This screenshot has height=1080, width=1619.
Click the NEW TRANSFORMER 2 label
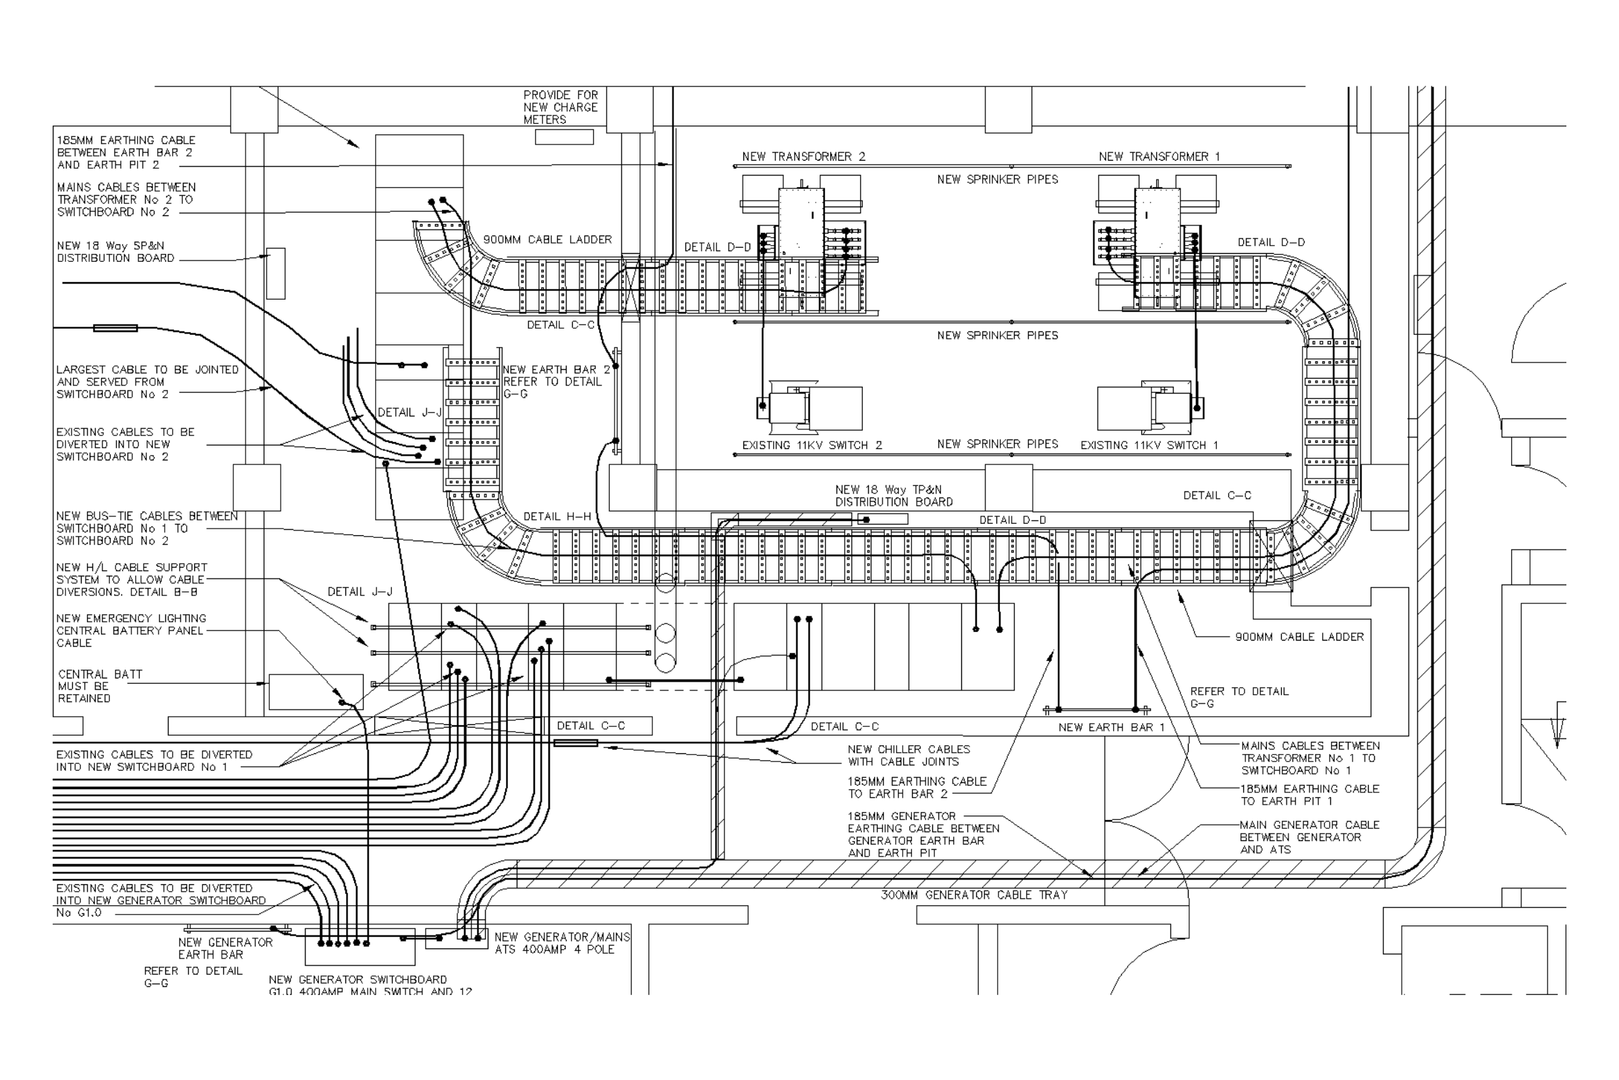coord(803,157)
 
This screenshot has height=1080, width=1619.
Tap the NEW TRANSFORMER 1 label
coord(1159,157)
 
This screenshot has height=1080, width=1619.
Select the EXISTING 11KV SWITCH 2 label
coord(812,446)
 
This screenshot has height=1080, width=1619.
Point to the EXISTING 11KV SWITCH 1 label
coord(1149,446)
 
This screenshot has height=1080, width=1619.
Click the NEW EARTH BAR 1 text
coord(1111,728)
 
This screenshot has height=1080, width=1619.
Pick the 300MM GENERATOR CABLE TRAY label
coord(974,896)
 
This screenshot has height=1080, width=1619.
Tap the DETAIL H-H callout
coord(557,516)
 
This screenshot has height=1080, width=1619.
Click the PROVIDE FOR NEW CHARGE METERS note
coord(561,107)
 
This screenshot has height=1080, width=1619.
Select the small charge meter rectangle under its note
coord(565,137)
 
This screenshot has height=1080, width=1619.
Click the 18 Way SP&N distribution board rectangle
coord(275,273)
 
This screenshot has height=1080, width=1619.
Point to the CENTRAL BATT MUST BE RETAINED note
coord(100,686)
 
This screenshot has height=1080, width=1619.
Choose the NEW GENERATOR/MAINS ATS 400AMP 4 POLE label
coord(562,944)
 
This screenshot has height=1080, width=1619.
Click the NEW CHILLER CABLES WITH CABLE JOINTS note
coord(909,755)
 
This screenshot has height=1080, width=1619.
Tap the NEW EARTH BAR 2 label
coord(555,370)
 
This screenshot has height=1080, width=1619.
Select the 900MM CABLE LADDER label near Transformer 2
coord(547,240)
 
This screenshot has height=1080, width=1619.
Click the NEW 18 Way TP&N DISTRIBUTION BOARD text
coord(893,496)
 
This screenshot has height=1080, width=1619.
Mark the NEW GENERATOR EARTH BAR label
coord(225,948)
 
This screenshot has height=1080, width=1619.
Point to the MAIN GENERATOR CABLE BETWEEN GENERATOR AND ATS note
coord(1309,838)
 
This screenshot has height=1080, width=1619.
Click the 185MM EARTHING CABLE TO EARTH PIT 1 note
coord(1309,796)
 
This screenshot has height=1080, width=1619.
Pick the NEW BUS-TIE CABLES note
coord(146,529)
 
